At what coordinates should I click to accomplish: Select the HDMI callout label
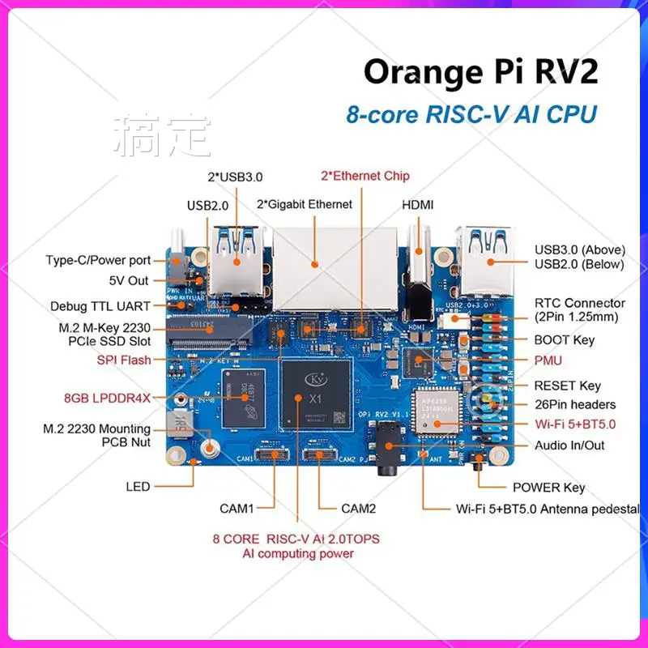click(418, 204)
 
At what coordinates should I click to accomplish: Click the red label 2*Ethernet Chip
click(365, 176)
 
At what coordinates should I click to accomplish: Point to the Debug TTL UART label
click(100, 307)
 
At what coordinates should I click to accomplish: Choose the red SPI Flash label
click(124, 360)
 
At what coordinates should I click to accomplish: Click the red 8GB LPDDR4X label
click(108, 398)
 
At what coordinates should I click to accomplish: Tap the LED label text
click(138, 487)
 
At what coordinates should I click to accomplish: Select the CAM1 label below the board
click(237, 509)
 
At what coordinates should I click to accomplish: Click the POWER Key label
click(548, 488)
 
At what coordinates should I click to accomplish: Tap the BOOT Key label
click(564, 340)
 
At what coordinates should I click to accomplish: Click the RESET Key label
click(567, 386)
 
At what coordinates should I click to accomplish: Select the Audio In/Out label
click(569, 446)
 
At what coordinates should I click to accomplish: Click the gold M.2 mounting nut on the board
click(212, 448)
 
